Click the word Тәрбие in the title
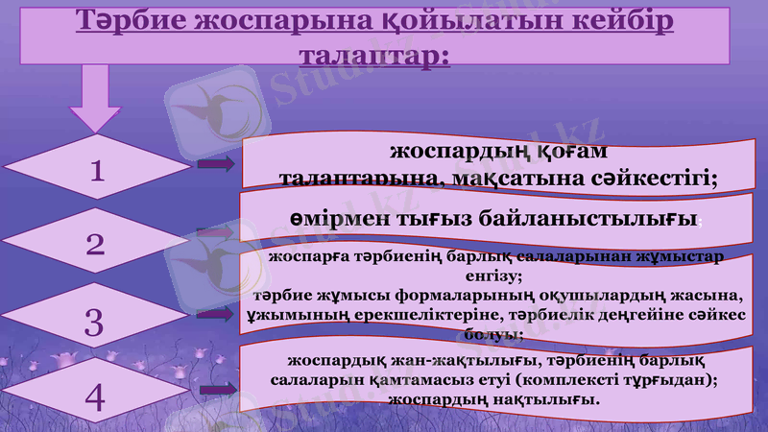pyautogui.click(x=132, y=21)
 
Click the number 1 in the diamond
pyautogui.click(x=95, y=171)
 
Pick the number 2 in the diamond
pyautogui.click(x=95, y=244)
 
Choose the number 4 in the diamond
pyautogui.click(x=95, y=396)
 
